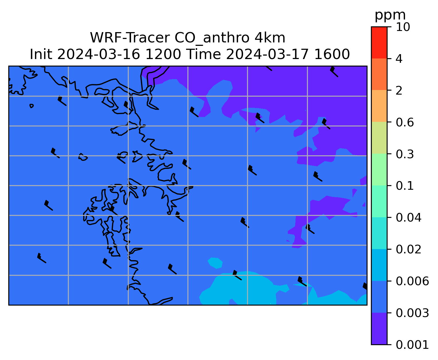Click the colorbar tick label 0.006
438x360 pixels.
point(412,281)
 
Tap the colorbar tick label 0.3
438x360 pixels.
point(405,154)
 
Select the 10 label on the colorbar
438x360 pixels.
point(403,27)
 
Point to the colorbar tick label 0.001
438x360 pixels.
point(412,345)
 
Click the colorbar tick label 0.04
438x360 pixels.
point(408,218)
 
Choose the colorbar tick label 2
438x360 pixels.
point(399,91)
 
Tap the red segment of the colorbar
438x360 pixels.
point(379,42)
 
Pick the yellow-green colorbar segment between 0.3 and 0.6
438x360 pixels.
point(379,138)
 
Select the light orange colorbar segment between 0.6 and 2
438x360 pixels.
point(379,106)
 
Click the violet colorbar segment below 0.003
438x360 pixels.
point(379,328)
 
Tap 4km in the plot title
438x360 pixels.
point(270,38)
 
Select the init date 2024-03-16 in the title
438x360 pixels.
point(99,54)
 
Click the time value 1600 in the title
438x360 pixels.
point(332,54)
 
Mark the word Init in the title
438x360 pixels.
point(41,54)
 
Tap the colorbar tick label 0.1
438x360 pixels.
point(405,186)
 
